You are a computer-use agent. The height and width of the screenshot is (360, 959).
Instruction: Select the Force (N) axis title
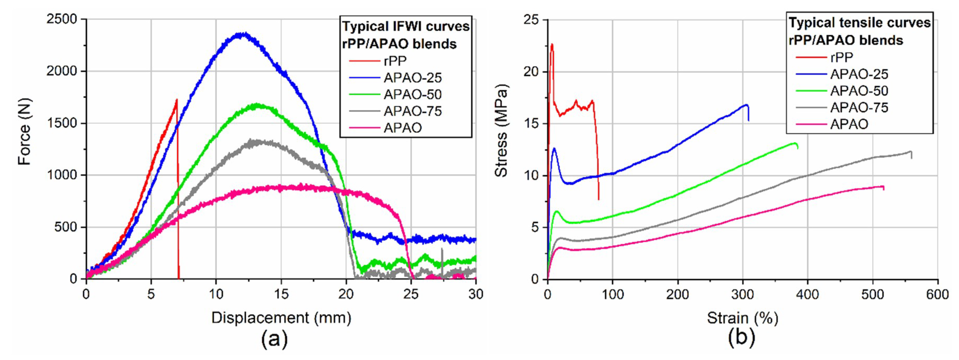(x=25, y=131)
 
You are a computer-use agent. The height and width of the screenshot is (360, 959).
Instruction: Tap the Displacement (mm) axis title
(x=281, y=318)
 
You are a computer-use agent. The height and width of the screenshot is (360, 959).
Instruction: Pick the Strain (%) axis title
(x=742, y=318)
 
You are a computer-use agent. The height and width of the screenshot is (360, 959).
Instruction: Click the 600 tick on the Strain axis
(x=937, y=294)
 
